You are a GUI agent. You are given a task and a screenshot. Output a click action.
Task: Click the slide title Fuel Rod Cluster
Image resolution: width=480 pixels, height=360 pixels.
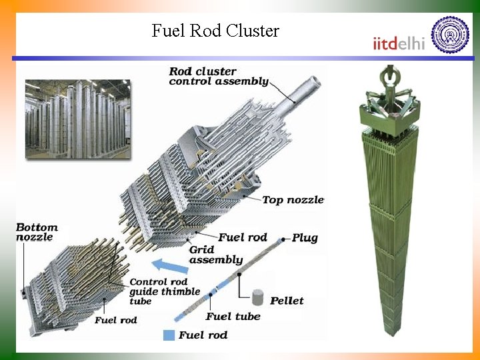[x=215, y=31]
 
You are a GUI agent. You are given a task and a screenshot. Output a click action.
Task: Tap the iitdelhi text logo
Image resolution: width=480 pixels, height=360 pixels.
[x=399, y=43]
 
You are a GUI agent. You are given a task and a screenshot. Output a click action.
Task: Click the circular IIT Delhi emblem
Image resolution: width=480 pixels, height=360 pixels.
[x=450, y=35]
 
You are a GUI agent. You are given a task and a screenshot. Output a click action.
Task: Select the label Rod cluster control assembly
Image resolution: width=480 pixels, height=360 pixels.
[x=218, y=76]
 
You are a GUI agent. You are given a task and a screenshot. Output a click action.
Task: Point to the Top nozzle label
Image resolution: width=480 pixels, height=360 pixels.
[x=293, y=199]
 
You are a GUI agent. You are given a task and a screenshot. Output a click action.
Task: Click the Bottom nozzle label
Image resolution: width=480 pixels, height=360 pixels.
[x=37, y=232]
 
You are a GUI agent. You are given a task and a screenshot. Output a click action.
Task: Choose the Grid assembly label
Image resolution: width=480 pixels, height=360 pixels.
[x=215, y=255]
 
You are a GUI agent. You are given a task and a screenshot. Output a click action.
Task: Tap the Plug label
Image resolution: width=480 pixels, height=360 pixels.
[x=305, y=237]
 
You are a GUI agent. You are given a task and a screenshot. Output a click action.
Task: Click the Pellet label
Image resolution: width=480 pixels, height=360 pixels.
[x=287, y=301]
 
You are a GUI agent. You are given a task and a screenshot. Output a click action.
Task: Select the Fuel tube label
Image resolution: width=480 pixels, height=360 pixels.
[x=233, y=316]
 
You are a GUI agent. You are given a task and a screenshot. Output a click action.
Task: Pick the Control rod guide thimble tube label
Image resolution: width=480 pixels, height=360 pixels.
[x=164, y=291]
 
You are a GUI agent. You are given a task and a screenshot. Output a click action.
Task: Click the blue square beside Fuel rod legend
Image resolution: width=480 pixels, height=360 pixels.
[x=170, y=334]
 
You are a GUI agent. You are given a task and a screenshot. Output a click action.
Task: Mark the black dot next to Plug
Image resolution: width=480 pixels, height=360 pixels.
[x=283, y=238]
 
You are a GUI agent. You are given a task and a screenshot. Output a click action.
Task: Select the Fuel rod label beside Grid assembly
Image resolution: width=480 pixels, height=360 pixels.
[x=243, y=237]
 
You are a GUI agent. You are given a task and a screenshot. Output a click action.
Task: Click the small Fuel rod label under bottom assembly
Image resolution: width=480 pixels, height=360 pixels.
[x=115, y=320]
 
